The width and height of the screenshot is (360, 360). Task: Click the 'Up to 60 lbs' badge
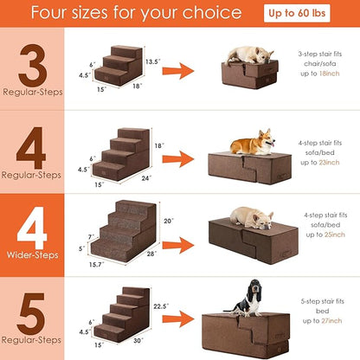pyautogui.click(x=312, y=13)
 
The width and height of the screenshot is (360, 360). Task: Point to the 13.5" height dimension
pyautogui.click(x=151, y=61)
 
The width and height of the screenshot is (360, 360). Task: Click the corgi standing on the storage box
pyautogui.click(x=254, y=142)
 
